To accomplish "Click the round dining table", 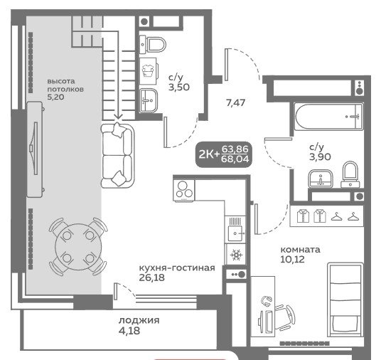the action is (78, 247).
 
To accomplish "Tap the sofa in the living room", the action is (117, 155).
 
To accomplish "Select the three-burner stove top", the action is (184, 190).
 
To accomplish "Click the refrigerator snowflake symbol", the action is (235, 255).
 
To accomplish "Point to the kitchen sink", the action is (235, 233).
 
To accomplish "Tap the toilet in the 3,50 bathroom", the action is (153, 45).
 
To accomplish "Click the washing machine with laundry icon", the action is (149, 71).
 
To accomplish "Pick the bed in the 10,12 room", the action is (345, 300).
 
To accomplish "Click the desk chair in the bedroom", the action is (285, 317).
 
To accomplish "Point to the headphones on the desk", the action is (266, 301).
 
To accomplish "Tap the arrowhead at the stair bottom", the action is (118, 117).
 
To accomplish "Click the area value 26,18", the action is (152, 277).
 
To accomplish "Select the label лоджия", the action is (139, 320).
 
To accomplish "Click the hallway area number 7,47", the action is (235, 103).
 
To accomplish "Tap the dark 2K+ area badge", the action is (223, 154).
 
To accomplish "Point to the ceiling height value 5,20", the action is (55, 97).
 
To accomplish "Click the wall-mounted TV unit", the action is (35, 149).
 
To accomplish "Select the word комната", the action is (301, 250).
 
